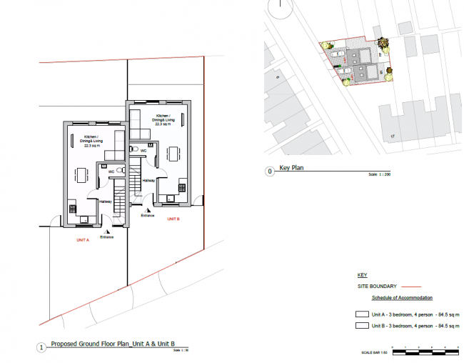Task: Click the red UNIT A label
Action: (x=82, y=241)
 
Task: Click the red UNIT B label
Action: (x=173, y=218)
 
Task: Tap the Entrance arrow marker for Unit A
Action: (x=107, y=232)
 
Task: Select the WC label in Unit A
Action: (x=111, y=172)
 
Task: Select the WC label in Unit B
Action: (x=143, y=151)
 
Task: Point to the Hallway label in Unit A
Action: (x=105, y=202)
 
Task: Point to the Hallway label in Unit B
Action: (x=148, y=181)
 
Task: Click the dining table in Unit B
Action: (x=173, y=152)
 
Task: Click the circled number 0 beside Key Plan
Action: (x=269, y=171)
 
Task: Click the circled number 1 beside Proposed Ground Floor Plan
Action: (x=41, y=347)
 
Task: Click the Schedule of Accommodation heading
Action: (x=402, y=297)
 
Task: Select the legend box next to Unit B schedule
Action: (x=362, y=326)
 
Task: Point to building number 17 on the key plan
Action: (x=392, y=135)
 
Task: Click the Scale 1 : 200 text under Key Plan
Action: (x=378, y=175)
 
